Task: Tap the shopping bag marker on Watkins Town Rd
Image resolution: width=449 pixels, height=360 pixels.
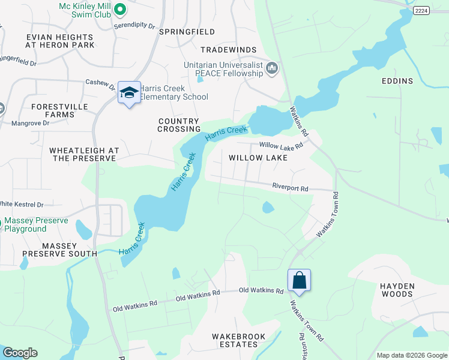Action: point(299,280)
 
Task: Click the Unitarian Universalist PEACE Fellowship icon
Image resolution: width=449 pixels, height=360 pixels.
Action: point(272,68)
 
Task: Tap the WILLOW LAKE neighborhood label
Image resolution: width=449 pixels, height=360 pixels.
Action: point(258,158)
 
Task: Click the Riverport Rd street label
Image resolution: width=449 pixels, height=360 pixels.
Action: point(289,188)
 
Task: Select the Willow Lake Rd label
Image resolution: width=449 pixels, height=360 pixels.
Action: point(280,145)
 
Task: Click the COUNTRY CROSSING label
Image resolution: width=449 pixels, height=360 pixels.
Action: point(179,125)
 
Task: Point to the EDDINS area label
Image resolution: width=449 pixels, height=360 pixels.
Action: point(397,80)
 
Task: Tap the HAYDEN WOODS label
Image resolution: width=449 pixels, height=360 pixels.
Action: point(397,290)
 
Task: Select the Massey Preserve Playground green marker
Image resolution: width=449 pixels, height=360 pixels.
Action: point(2,223)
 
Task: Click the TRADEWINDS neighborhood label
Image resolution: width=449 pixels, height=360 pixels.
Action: point(229,50)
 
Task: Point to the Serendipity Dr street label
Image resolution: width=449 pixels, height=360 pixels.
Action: point(134,27)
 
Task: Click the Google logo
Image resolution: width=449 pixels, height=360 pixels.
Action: point(20,353)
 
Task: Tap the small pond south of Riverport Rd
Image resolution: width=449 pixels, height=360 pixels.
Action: point(268,208)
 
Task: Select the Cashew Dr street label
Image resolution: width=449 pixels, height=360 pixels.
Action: point(100,83)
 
